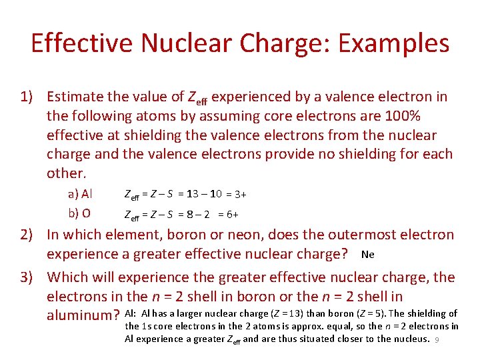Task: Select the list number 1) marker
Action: click(28, 97)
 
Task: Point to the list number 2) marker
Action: click(28, 235)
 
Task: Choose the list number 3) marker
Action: click(28, 277)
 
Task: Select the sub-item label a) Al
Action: click(80, 194)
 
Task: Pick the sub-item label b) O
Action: click(80, 213)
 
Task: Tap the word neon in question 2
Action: click(262, 235)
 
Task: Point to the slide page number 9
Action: click(437, 339)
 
